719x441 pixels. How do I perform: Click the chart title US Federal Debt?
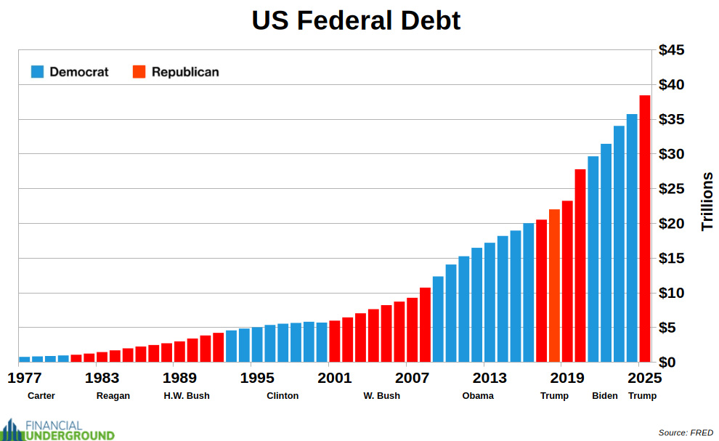pos(356,20)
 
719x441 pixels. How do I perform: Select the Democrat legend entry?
pos(69,72)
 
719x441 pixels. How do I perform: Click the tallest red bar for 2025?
pos(644,228)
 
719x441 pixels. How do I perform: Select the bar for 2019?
pos(567,280)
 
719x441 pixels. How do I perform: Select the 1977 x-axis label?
pos(25,378)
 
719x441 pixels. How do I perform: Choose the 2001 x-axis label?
pos(335,378)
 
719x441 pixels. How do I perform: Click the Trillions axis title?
pos(707,202)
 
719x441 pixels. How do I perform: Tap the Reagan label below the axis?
pos(113,396)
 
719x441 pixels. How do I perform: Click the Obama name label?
pos(478,396)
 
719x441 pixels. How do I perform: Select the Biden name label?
pos(604,396)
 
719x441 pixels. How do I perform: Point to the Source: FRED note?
pos(686,432)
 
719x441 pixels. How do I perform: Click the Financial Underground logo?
pos(57,429)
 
